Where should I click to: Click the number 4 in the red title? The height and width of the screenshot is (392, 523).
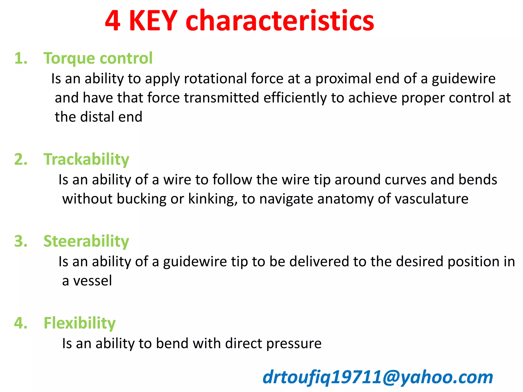(113, 21)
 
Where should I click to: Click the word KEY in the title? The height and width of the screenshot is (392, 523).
(153, 21)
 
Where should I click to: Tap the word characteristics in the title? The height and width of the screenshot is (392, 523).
(280, 21)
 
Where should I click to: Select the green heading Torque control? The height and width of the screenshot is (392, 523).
(98, 58)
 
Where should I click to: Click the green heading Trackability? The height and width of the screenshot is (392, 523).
(86, 160)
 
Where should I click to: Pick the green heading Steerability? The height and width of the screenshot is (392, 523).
(86, 241)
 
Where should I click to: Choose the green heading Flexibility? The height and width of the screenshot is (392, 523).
(80, 323)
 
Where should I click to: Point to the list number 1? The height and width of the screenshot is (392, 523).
(21, 58)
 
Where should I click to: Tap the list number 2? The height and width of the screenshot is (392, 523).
(21, 160)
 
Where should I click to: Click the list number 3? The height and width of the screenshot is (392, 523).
(21, 241)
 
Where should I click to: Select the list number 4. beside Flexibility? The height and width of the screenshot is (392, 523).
(21, 323)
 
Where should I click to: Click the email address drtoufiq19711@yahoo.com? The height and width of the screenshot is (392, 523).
(378, 377)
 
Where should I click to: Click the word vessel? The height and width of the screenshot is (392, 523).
(92, 281)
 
